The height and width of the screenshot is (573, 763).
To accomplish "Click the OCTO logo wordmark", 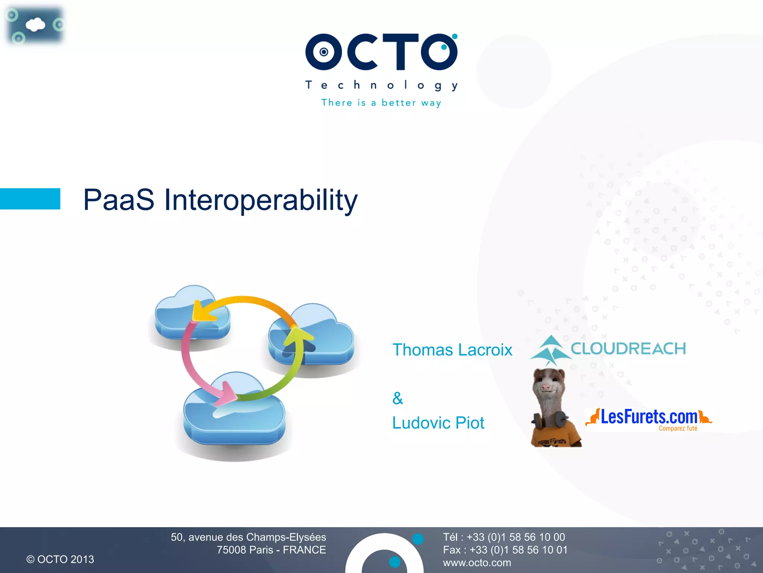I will tap(381, 52).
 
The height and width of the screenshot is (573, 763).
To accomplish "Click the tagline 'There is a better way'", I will tap(381, 103).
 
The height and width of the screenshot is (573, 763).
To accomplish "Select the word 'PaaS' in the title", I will tap(118, 200).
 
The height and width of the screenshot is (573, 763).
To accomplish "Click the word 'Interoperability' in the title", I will tap(261, 200).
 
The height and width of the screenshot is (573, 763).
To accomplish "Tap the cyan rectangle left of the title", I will tap(30, 198).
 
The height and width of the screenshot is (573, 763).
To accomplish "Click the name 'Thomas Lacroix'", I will tap(452, 350).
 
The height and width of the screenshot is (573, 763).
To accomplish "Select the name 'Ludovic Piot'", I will tap(438, 423).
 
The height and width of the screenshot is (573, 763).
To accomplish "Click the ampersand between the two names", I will tap(398, 398).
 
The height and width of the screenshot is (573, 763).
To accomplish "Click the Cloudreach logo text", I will tap(628, 348).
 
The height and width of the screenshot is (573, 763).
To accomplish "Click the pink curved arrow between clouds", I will tap(194, 369).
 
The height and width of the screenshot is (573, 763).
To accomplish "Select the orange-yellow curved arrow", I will tap(246, 301).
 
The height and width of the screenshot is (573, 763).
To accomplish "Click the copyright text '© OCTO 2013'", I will tap(60, 559).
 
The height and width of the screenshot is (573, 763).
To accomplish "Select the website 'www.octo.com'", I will tap(477, 563).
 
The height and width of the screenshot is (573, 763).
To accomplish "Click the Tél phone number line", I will tap(504, 537).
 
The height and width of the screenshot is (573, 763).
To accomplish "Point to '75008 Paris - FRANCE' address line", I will tap(271, 550).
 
